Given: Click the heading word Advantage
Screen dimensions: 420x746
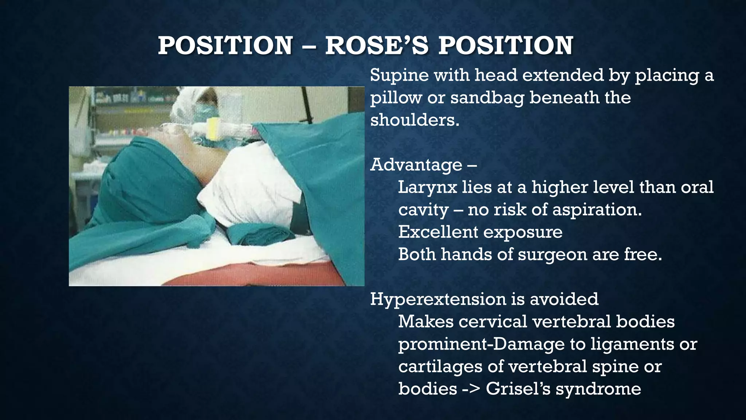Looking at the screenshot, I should [x=416, y=165].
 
